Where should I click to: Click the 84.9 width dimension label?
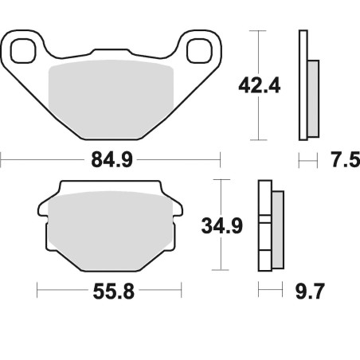[x=112, y=160]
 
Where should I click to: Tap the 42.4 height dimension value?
[x=260, y=85]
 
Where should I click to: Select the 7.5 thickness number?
[x=346, y=160]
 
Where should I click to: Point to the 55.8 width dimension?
[x=114, y=292]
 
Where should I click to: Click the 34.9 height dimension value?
[x=222, y=226]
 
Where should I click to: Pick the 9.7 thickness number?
[x=310, y=292]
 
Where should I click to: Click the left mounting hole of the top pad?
[x=23, y=51]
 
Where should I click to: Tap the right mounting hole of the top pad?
[x=199, y=51]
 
